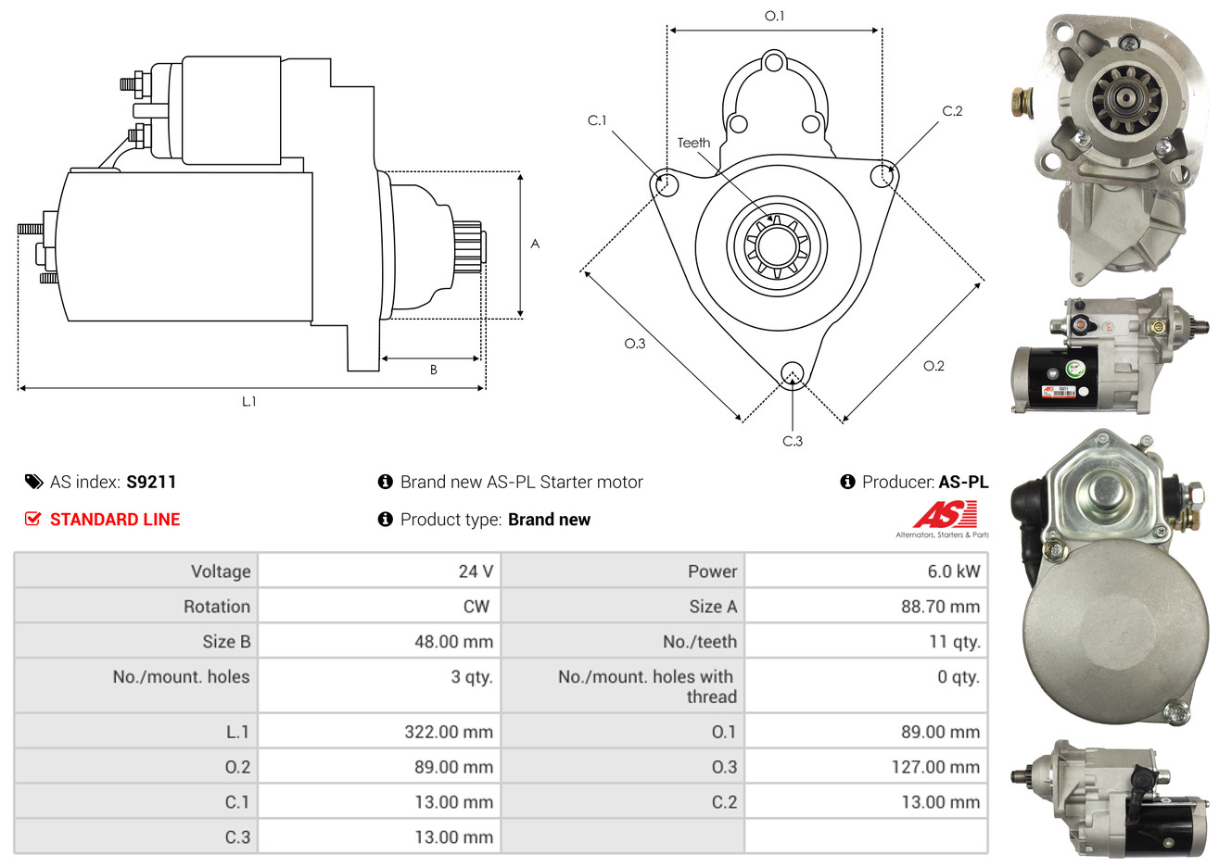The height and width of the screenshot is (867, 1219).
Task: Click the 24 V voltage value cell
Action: coord(476,572)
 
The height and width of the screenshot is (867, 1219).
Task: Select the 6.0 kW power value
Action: coord(954,572)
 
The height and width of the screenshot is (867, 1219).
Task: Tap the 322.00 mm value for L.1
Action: coord(449,732)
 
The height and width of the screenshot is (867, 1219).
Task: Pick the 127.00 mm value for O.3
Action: coord(935,767)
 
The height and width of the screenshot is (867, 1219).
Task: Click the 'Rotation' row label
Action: coord(217,607)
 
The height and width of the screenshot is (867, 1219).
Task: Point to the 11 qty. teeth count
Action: coord(955,642)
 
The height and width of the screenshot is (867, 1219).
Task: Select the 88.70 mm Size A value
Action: coord(940,607)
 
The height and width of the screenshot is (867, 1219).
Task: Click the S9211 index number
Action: coord(151,482)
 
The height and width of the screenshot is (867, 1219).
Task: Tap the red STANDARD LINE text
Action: coord(115,520)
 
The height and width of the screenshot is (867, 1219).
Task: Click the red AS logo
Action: coord(945,514)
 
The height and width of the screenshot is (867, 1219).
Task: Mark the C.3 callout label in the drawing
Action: coord(793,441)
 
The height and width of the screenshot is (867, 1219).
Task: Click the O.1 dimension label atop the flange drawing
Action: coord(774,17)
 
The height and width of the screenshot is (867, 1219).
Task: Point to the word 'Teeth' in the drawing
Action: coord(693,143)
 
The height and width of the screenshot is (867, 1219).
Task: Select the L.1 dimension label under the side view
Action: coord(248,401)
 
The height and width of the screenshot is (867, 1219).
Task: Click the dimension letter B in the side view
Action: coord(433,370)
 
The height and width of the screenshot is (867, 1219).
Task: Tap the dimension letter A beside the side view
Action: coord(535,244)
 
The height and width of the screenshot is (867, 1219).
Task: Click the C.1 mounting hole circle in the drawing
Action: coord(665,184)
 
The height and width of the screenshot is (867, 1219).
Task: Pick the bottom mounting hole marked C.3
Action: coord(793,373)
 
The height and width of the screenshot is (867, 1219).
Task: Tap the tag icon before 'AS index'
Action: coord(33,482)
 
